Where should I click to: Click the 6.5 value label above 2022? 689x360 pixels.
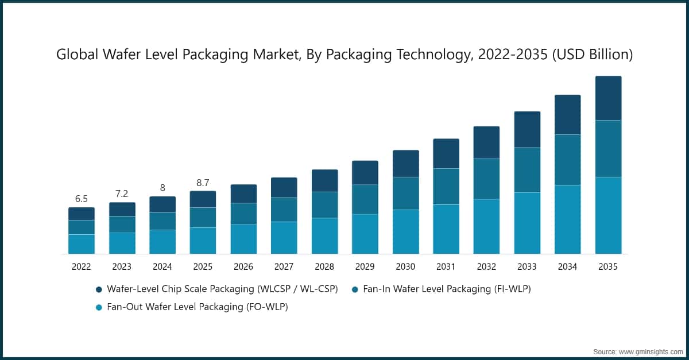[82, 199]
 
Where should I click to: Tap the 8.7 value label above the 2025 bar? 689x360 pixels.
[203, 183]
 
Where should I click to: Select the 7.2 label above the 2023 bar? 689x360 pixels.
[122, 194]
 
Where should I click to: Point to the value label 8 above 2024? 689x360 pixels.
[162, 188]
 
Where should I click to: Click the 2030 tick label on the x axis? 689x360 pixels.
[405, 266]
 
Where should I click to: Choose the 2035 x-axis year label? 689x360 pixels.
[608, 266]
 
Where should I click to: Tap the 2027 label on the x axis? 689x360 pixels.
[284, 266]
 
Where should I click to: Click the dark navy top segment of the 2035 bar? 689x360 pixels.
[608, 98]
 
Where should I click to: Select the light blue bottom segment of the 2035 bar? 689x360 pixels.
[608, 215]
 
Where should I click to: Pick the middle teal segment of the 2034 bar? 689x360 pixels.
[567, 160]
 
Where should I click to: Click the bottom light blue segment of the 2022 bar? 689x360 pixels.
[82, 244]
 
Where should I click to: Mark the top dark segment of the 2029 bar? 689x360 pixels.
[365, 172]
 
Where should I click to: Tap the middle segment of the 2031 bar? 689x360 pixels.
[446, 187]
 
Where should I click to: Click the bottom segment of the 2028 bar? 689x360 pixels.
[324, 235]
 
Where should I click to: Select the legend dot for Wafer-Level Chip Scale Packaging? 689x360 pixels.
[99, 289]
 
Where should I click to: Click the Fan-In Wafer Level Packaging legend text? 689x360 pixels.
[447, 289]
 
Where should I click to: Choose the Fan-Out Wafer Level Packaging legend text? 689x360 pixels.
[198, 307]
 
